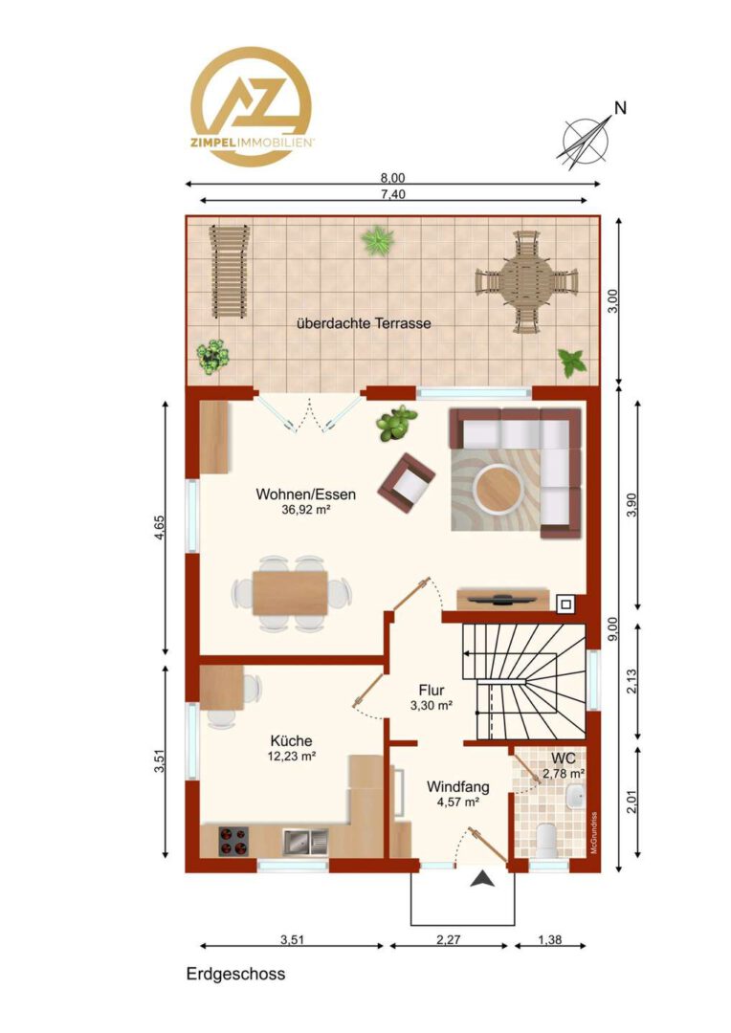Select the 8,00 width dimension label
[x=393, y=178]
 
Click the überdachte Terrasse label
[x=364, y=323]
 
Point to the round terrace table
[x=526, y=282]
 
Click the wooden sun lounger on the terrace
[x=229, y=271]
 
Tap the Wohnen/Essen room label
[x=306, y=495]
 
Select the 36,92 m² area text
[x=306, y=509]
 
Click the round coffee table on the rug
[x=499, y=488]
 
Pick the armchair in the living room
[x=406, y=482]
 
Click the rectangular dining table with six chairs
[x=290, y=593]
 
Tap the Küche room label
[x=291, y=741]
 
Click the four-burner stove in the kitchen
[x=233, y=842]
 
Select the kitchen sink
[x=305, y=842]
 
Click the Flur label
[x=432, y=691]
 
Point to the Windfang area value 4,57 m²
[x=457, y=802]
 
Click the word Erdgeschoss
[x=236, y=975]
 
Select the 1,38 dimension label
[x=550, y=940]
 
